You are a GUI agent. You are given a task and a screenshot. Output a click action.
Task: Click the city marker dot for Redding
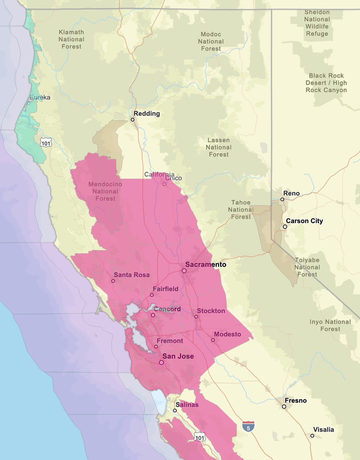point(133,120)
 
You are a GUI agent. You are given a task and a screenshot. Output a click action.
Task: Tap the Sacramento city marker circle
point(184,271)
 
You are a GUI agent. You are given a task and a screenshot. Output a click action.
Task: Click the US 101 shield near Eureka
point(46,142)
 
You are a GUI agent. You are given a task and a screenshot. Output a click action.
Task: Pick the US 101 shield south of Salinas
point(200,437)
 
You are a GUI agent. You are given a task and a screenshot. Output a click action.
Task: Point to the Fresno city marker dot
point(284,407)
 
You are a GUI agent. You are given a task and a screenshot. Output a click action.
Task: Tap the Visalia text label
point(323,429)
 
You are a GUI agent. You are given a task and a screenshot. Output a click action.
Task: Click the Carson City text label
point(304,221)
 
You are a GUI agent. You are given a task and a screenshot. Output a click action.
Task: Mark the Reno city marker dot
point(282,199)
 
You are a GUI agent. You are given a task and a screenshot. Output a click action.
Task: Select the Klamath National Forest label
point(71,39)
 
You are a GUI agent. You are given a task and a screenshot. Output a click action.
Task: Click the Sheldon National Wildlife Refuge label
point(317,23)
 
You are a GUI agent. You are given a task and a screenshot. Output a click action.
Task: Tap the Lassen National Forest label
point(219,147)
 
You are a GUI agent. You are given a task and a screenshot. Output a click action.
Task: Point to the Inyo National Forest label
point(330,325)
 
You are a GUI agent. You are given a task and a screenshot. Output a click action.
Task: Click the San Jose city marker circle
point(161,362)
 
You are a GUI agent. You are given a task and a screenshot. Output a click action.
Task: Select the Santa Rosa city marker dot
point(113,281)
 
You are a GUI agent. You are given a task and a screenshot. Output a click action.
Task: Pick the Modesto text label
point(227,334)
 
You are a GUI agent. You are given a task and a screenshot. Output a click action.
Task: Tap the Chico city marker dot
point(164,184)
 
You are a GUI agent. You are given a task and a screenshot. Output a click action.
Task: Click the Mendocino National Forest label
point(105,191)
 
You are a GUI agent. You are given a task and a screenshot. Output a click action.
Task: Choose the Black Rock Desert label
point(326,83)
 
